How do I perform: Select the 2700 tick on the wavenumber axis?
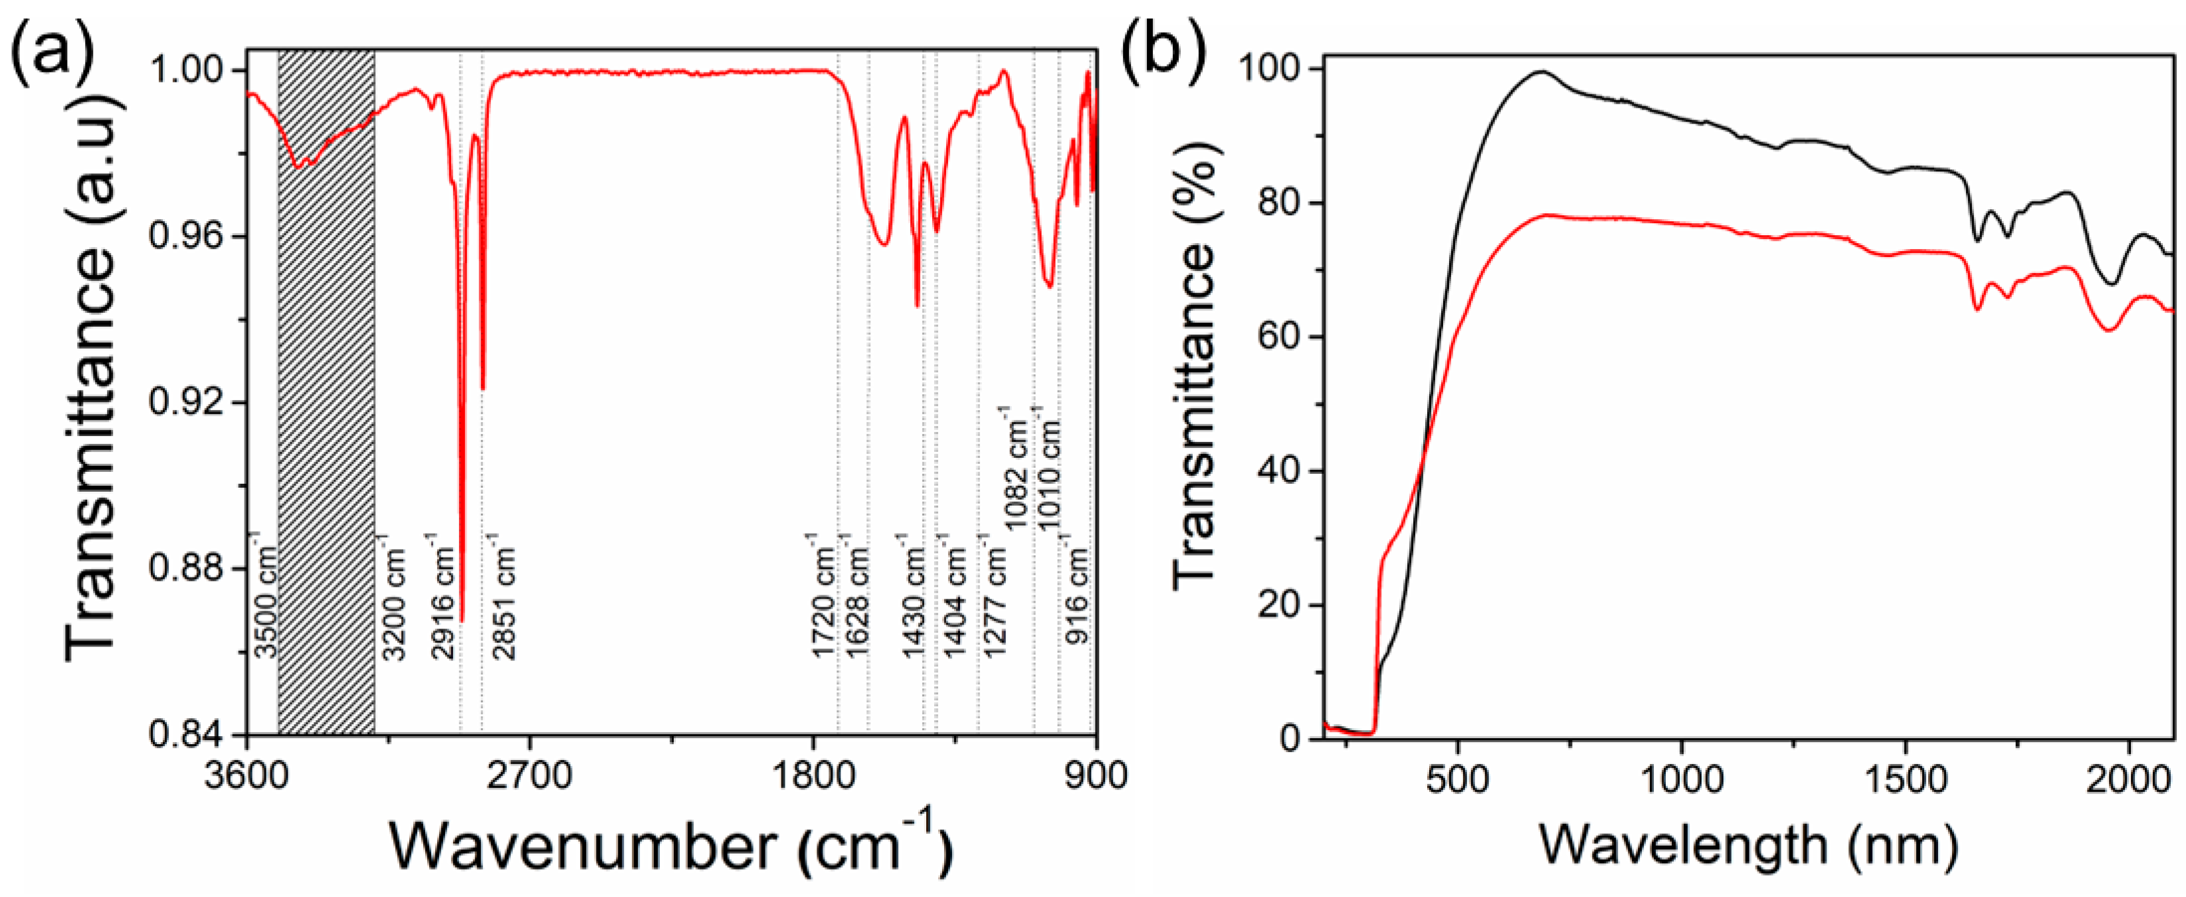(x=530, y=775)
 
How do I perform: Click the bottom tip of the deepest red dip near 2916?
(x=462, y=621)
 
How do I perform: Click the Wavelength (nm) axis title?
(x=1748, y=845)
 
